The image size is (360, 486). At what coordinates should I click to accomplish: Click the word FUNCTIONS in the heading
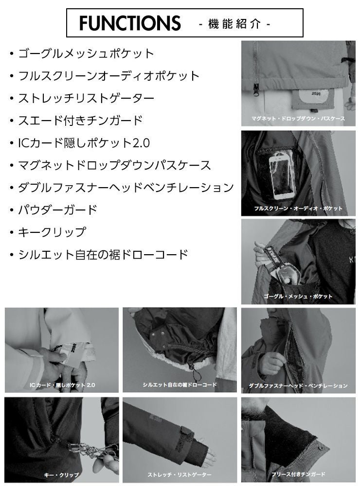tap(130, 23)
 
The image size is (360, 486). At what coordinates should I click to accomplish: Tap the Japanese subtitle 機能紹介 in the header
tap(234, 24)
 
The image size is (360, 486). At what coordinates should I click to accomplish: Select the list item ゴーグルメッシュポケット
tap(86, 53)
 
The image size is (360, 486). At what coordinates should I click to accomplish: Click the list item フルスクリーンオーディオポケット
tap(108, 76)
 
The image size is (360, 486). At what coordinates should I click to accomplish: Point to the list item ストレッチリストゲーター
tap(86, 98)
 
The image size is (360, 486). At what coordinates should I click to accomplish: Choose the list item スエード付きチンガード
tap(80, 121)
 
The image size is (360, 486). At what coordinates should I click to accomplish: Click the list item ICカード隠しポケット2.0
tap(84, 143)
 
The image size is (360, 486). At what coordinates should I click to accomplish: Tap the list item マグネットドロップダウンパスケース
tap(114, 165)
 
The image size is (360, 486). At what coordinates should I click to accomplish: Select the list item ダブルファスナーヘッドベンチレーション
tap(126, 188)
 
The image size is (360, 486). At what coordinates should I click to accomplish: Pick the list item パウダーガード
tap(58, 210)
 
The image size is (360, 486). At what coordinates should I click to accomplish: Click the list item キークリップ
tap(52, 232)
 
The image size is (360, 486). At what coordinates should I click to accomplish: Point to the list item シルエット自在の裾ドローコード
tap(103, 255)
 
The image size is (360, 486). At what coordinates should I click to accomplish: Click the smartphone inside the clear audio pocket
tap(282, 176)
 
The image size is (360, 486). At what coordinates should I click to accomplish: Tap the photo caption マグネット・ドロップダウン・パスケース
tap(298, 119)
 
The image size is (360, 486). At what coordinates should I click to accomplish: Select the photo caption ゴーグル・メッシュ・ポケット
tap(298, 296)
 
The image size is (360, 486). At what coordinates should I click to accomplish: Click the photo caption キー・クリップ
tap(61, 475)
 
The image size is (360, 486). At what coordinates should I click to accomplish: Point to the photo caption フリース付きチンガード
tap(298, 474)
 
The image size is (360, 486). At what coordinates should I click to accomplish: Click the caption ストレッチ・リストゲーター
tap(180, 474)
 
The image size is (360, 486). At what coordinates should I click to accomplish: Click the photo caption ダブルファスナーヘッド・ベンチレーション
tap(298, 386)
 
